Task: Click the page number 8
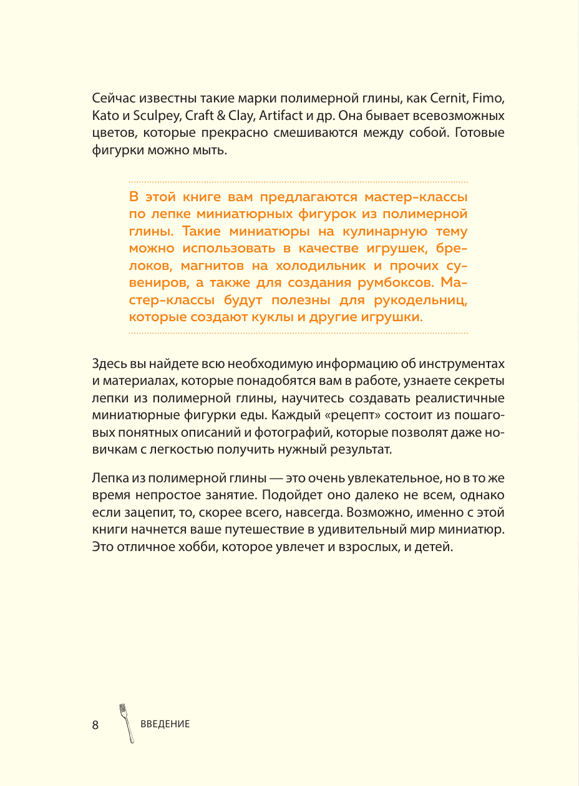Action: pos(95,725)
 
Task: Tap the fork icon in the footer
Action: pos(126,723)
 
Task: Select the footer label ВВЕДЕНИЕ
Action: pos(165,725)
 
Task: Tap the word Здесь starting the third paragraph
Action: pos(109,364)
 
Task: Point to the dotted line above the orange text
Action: pos(298,182)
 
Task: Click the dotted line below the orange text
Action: pos(298,334)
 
